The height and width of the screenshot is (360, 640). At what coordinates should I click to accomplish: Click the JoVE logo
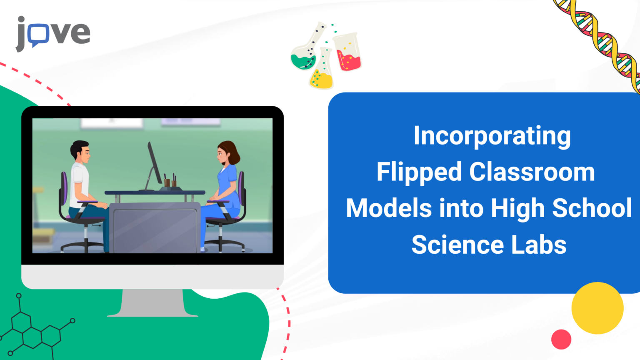[x=53, y=33]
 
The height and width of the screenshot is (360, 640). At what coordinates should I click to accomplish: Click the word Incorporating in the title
[x=492, y=136]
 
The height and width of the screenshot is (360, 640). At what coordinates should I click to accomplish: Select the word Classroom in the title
[x=532, y=172]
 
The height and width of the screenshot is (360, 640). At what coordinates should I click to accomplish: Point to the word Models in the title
[x=388, y=208]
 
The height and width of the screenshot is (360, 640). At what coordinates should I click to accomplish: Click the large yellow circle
[x=597, y=308]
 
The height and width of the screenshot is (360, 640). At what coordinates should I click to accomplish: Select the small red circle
[x=561, y=339]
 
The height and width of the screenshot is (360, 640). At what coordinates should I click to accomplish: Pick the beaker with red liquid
[x=347, y=53]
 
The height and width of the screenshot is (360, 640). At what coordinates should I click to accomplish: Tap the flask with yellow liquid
[x=322, y=73]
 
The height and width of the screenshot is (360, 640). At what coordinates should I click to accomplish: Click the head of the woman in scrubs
[x=227, y=153]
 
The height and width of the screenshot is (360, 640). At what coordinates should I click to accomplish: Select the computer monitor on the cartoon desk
[x=154, y=165]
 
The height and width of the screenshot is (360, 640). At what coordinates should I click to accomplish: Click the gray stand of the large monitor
[x=152, y=303]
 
